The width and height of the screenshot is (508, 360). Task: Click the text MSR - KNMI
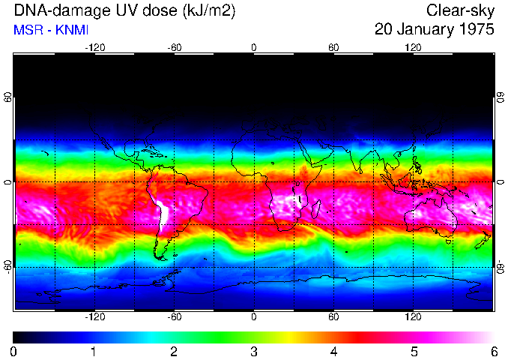pos(46,31)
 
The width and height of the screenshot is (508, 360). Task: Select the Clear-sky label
pos(460,11)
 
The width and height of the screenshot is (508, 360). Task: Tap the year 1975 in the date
pos(477,30)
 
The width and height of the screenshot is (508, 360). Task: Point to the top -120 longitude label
pos(94,46)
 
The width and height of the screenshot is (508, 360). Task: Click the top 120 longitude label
pos(413,46)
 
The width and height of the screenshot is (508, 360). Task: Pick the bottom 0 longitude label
pos(254,316)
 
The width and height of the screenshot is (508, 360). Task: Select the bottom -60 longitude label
pos(174,316)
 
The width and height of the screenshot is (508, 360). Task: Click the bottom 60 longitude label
pos(333,316)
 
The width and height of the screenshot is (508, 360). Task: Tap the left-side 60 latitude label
pos(8,98)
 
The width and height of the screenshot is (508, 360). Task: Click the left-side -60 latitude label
pos(8,266)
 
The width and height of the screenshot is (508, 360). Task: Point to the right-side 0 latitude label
pos(500,182)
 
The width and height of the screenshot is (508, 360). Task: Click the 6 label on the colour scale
pos(493,351)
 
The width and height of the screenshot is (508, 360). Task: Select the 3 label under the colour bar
pos(253,351)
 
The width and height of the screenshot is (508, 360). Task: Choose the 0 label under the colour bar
pos(14,351)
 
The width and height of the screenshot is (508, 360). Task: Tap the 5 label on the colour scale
pos(413,351)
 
